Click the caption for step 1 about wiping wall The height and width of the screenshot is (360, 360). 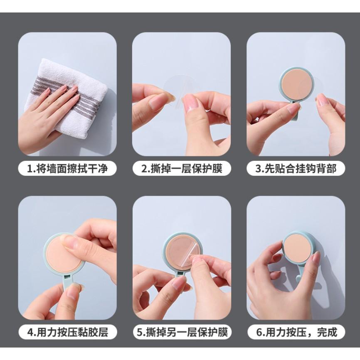[x=67, y=169]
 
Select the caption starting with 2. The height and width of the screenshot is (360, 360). [x=182, y=169]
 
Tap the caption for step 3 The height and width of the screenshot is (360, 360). [x=296, y=169]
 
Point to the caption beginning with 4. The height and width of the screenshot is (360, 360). [x=67, y=332]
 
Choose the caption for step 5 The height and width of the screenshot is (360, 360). [x=182, y=332]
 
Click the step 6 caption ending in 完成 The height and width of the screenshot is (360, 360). [x=296, y=332]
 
